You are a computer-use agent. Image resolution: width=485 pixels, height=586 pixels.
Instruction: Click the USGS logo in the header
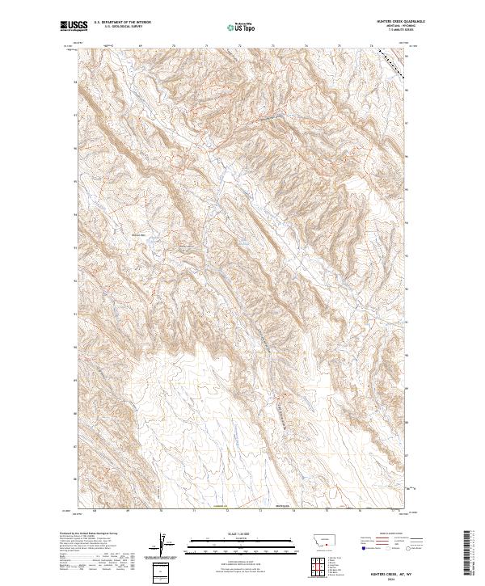[x=72, y=26]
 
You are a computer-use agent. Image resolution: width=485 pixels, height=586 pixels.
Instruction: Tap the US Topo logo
[x=236, y=27]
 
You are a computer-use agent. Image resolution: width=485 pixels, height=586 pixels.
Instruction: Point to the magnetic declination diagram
[x=165, y=544]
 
